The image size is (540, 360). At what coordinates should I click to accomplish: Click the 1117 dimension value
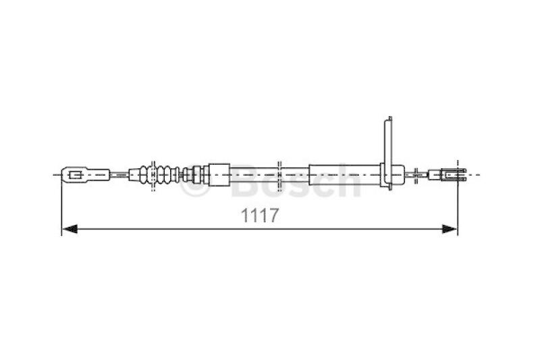[259, 215]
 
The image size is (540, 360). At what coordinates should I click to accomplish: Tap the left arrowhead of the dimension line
[70, 229]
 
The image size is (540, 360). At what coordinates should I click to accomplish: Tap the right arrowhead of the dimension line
[450, 229]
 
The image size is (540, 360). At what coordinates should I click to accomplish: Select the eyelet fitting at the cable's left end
[86, 175]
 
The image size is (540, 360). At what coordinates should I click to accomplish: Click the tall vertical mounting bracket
[387, 153]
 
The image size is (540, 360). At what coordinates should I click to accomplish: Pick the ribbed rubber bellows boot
[159, 175]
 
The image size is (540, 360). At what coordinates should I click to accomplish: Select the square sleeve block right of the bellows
[219, 175]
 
